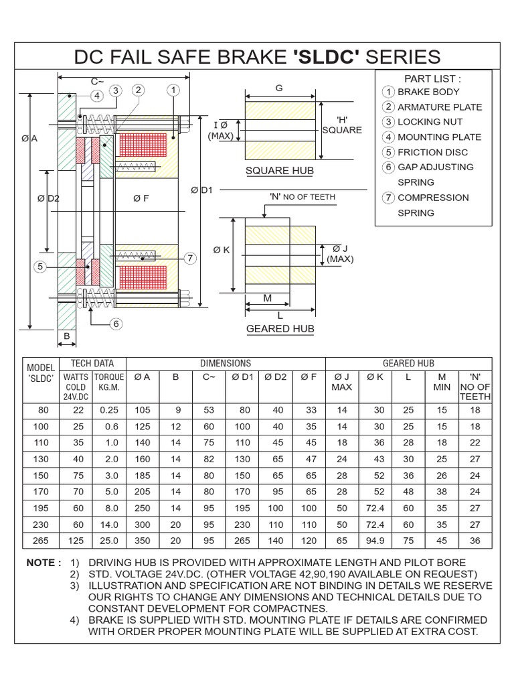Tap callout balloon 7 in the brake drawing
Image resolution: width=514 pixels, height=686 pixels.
tap(190, 258)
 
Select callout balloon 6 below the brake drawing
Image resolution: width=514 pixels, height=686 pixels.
tap(116, 324)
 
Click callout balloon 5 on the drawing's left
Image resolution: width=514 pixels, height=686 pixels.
tap(40, 267)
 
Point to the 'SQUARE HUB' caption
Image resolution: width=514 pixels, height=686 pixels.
tap(280, 171)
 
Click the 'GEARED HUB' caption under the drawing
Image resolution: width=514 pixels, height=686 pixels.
tap(280, 329)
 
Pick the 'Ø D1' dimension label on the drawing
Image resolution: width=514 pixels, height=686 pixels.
tap(201, 190)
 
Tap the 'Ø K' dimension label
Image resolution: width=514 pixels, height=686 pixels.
tap(222, 250)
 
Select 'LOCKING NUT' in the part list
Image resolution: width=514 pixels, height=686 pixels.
tap(430, 122)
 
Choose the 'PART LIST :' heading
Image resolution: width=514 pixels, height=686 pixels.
tap(432, 78)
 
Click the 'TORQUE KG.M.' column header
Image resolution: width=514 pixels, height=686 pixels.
tap(108, 382)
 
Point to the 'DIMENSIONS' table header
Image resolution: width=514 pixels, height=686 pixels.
tap(226, 363)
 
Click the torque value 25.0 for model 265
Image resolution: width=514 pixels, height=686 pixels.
tap(108, 541)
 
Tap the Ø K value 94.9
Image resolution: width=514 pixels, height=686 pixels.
tap(375, 541)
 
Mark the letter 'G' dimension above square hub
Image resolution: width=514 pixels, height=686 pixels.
tap(279, 88)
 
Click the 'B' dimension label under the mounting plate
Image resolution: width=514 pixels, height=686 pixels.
tap(67, 336)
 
